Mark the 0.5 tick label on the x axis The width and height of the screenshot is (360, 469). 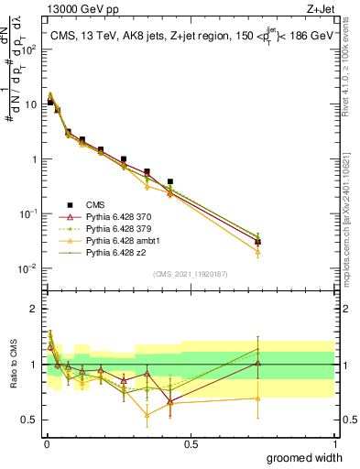tap(191, 443)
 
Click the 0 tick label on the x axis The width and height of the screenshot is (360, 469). tap(46, 443)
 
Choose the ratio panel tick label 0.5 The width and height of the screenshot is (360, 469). tap(30, 420)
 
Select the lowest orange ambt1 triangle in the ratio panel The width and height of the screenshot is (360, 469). tap(147, 415)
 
